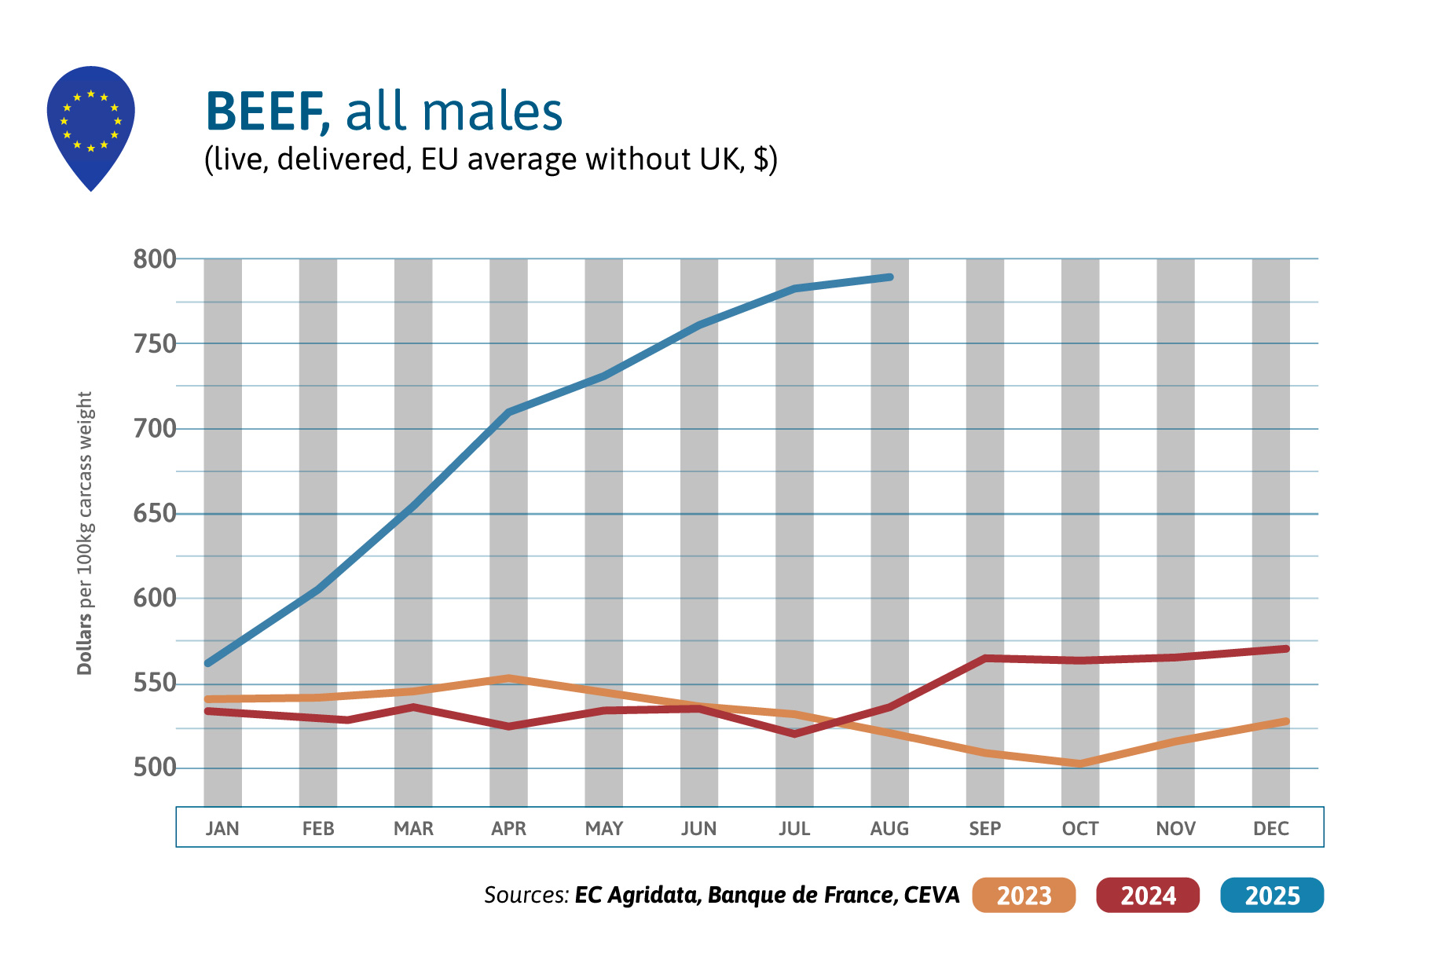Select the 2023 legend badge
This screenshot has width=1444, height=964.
click(x=1024, y=896)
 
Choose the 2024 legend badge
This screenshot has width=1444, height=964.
click(x=1148, y=896)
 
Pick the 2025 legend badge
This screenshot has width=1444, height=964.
click(x=1272, y=896)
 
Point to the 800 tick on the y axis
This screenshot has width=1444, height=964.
click(x=155, y=259)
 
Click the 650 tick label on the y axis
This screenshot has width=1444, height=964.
click(x=155, y=514)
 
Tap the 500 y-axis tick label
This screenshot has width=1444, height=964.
click(x=155, y=768)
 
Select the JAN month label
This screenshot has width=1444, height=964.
click(x=222, y=829)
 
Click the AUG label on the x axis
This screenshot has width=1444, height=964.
click(x=889, y=829)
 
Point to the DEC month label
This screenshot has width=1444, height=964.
click(x=1270, y=829)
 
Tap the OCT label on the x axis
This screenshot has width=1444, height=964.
click(x=1080, y=829)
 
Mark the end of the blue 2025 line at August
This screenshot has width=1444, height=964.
click(x=889, y=277)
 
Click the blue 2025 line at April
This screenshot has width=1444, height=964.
click(x=509, y=412)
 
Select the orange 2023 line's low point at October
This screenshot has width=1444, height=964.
click(x=1080, y=764)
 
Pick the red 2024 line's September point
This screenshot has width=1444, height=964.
click(x=985, y=658)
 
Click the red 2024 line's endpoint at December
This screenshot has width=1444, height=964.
click(x=1285, y=649)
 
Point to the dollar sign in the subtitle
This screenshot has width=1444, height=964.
click(x=760, y=159)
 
